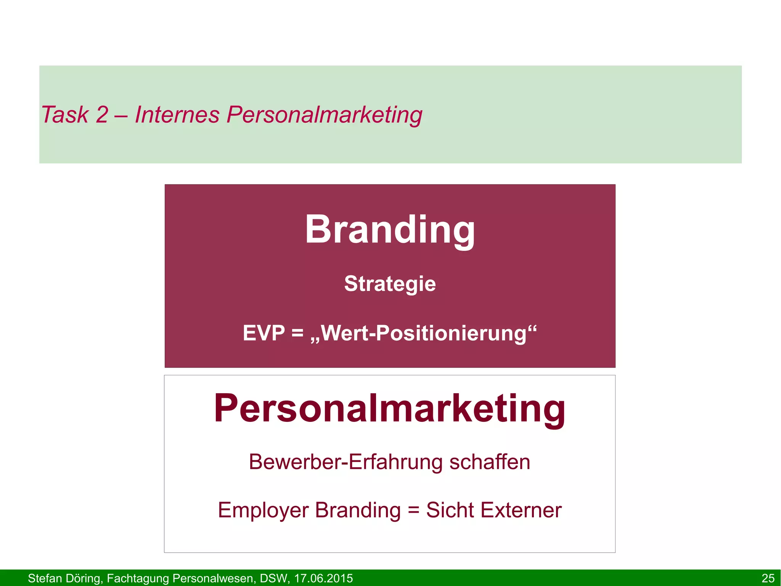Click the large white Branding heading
[x=390, y=230]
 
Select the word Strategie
[x=390, y=284]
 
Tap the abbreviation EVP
[x=264, y=333]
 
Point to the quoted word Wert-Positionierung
[x=423, y=333]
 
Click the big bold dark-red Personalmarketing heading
[x=390, y=408]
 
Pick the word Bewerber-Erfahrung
[x=346, y=462]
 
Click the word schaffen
[x=490, y=462]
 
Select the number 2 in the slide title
[x=102, y=115]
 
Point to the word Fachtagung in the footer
[x=137, y=578]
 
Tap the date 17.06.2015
[x=323, y=578]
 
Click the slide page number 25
[x=768, y=578]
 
